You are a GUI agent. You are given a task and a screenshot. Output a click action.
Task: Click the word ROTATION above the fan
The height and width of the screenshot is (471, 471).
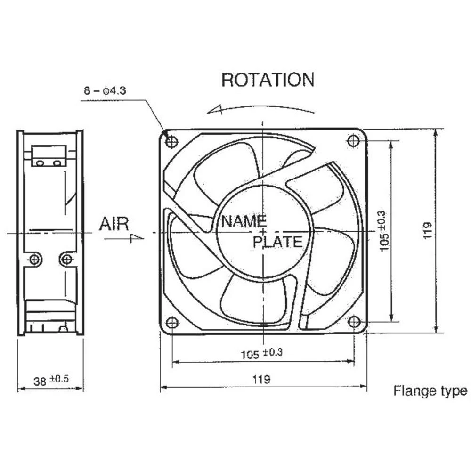[x=268, y=80]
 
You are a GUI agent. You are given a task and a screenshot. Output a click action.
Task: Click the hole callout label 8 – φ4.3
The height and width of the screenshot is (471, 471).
[x=105, y=91]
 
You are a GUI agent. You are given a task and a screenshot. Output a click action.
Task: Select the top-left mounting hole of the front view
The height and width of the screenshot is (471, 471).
[x=172, y=141]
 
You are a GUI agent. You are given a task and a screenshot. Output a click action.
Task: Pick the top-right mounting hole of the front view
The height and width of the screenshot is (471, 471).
[x=353, y=140]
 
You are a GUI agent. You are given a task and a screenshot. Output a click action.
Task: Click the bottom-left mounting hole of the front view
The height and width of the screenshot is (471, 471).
[x=172, y=323]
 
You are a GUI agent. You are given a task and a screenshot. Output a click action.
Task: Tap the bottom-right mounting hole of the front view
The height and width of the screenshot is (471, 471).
[x=354, y=322]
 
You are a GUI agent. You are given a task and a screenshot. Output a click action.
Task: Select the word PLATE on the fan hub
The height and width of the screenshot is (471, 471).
[x=277, y=242]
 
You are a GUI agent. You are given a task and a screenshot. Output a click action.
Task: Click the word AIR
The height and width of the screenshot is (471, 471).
[x=114, y=224]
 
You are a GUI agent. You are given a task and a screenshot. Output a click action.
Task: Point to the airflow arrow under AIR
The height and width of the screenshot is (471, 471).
[x=124, y=238]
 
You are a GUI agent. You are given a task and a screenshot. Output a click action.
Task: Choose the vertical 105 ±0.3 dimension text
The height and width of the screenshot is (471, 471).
[x=383, y=230]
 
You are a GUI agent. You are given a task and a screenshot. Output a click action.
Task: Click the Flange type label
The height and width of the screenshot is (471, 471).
[x=430, y=390]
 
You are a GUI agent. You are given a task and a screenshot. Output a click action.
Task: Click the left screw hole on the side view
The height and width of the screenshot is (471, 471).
[x=34, y=259]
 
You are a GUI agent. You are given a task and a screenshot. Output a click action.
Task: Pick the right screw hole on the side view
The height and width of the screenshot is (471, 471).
[x=67, y=259]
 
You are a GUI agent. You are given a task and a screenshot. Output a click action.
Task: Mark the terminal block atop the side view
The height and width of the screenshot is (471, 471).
[x=49, y=156]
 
